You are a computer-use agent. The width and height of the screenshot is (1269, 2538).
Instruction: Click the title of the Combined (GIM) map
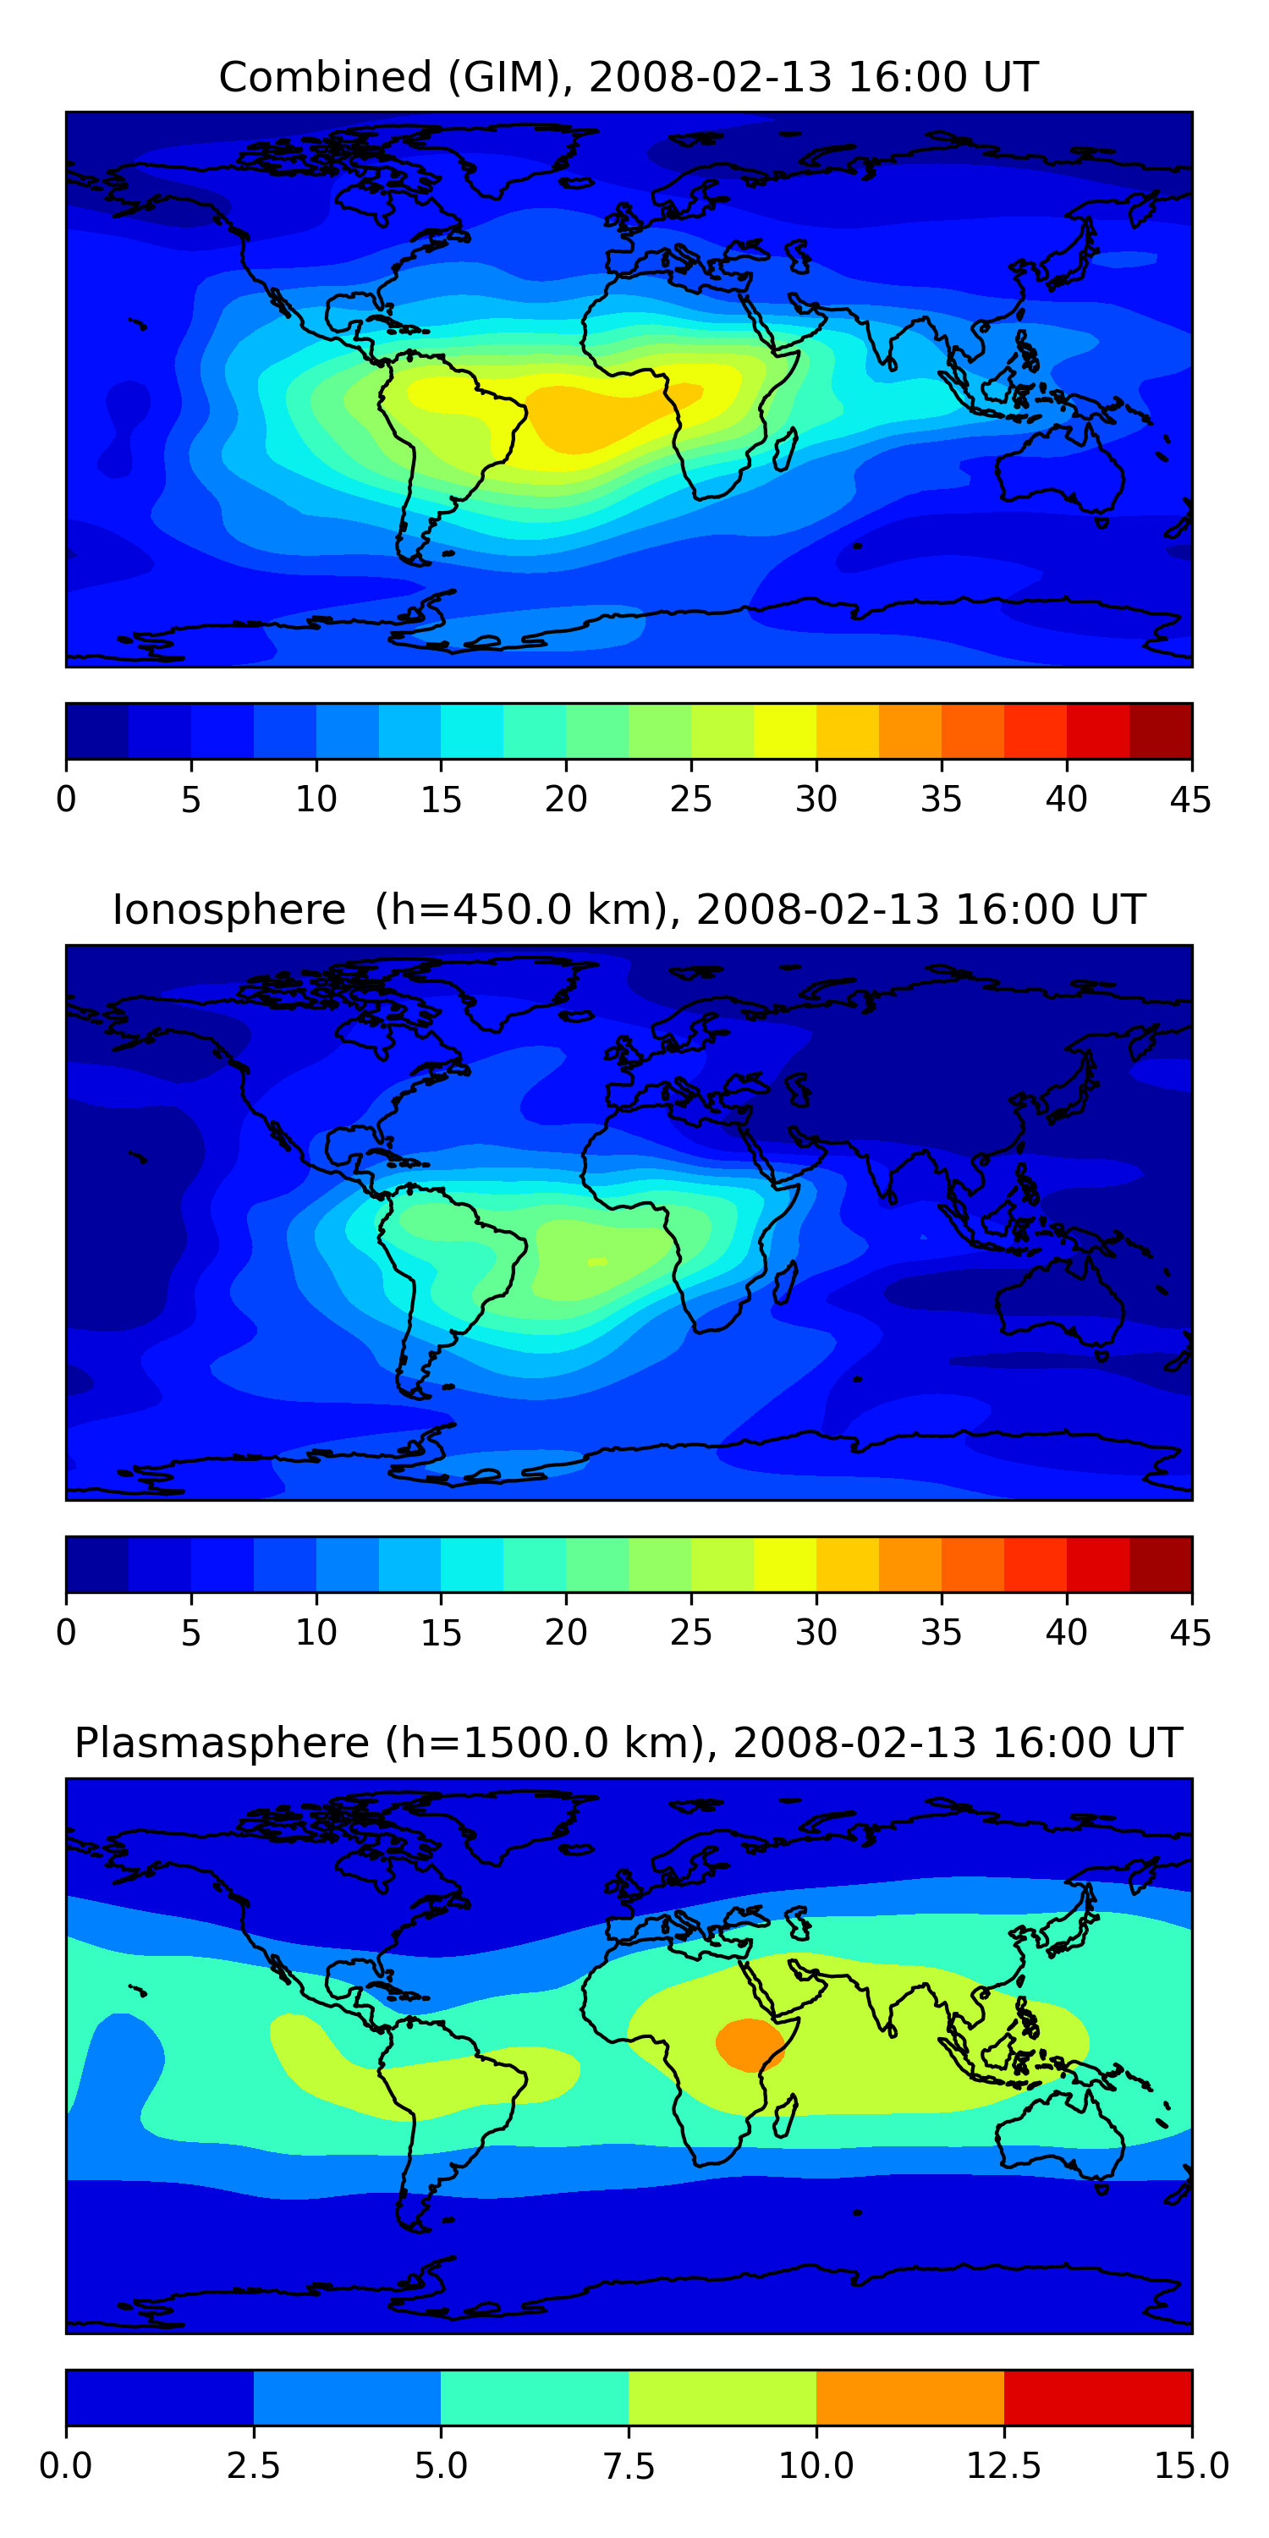click(x=629, y=77)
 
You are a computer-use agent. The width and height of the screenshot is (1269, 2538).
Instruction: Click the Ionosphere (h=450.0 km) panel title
click(x=629, y=909)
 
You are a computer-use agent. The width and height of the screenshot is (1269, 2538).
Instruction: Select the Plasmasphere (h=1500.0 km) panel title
click(x=629, y=1743)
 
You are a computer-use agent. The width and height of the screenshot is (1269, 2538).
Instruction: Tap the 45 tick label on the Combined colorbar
click(x=1190, y=799)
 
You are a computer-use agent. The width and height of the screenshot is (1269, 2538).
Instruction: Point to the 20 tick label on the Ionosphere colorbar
click(x=565, y=1633)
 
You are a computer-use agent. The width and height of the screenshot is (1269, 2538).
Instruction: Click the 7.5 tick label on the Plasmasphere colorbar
click(x=629, y=2466)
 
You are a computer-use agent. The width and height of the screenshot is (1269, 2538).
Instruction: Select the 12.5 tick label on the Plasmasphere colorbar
click(x=1004, y=2466)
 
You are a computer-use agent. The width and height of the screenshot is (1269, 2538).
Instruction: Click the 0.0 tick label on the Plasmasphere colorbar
click(x=66, y=2466)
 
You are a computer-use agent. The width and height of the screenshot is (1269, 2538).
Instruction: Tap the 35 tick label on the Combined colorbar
click(x=941, y=799)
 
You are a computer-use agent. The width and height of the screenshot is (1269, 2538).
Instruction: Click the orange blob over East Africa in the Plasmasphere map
click(x=749, y=2045)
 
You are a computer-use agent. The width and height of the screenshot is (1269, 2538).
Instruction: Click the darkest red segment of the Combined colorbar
click(x=1161, y=731)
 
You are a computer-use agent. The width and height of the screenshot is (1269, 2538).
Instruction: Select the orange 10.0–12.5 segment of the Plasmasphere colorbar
click(x=910, y=2397)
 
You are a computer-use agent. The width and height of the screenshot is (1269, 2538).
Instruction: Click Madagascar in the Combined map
click(x=785, y=449)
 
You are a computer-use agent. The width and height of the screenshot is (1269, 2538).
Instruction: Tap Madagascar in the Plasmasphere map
click(x=785, y=2117)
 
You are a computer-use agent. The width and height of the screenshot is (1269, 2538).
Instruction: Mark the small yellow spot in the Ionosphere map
click(x=597, y=1261)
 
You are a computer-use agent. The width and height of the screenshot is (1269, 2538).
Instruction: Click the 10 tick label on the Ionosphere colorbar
click(x=316, y=1633)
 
